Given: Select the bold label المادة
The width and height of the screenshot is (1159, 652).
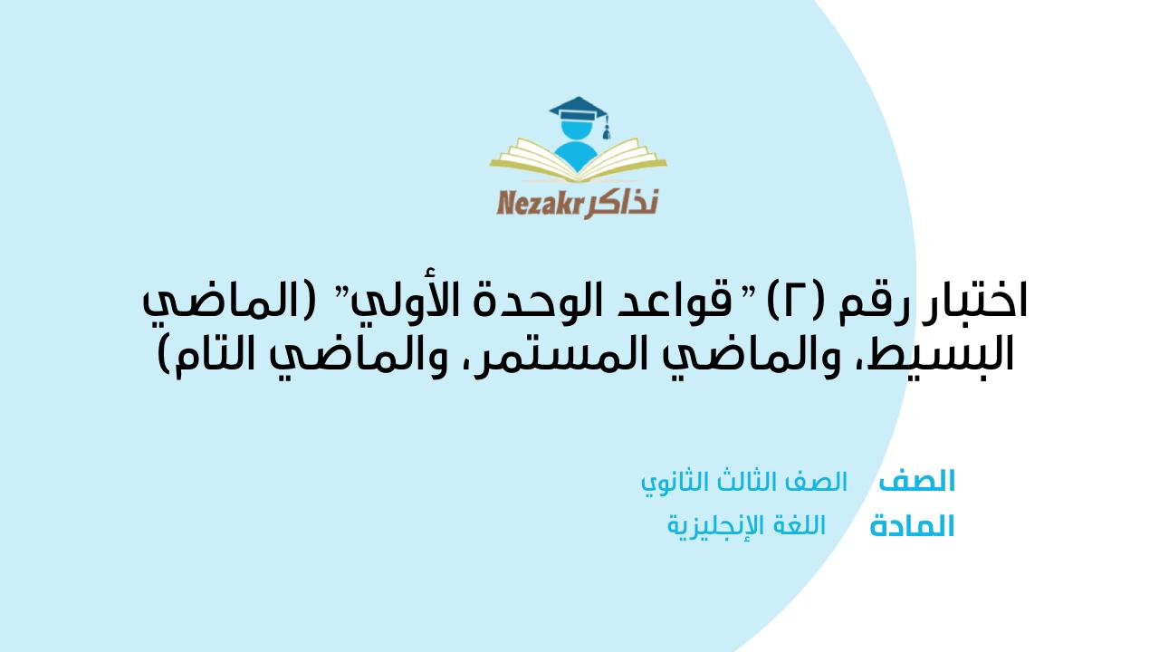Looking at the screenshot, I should click(x=912, y=527).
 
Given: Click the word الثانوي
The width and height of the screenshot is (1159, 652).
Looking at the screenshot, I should click(x=674, y=483).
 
